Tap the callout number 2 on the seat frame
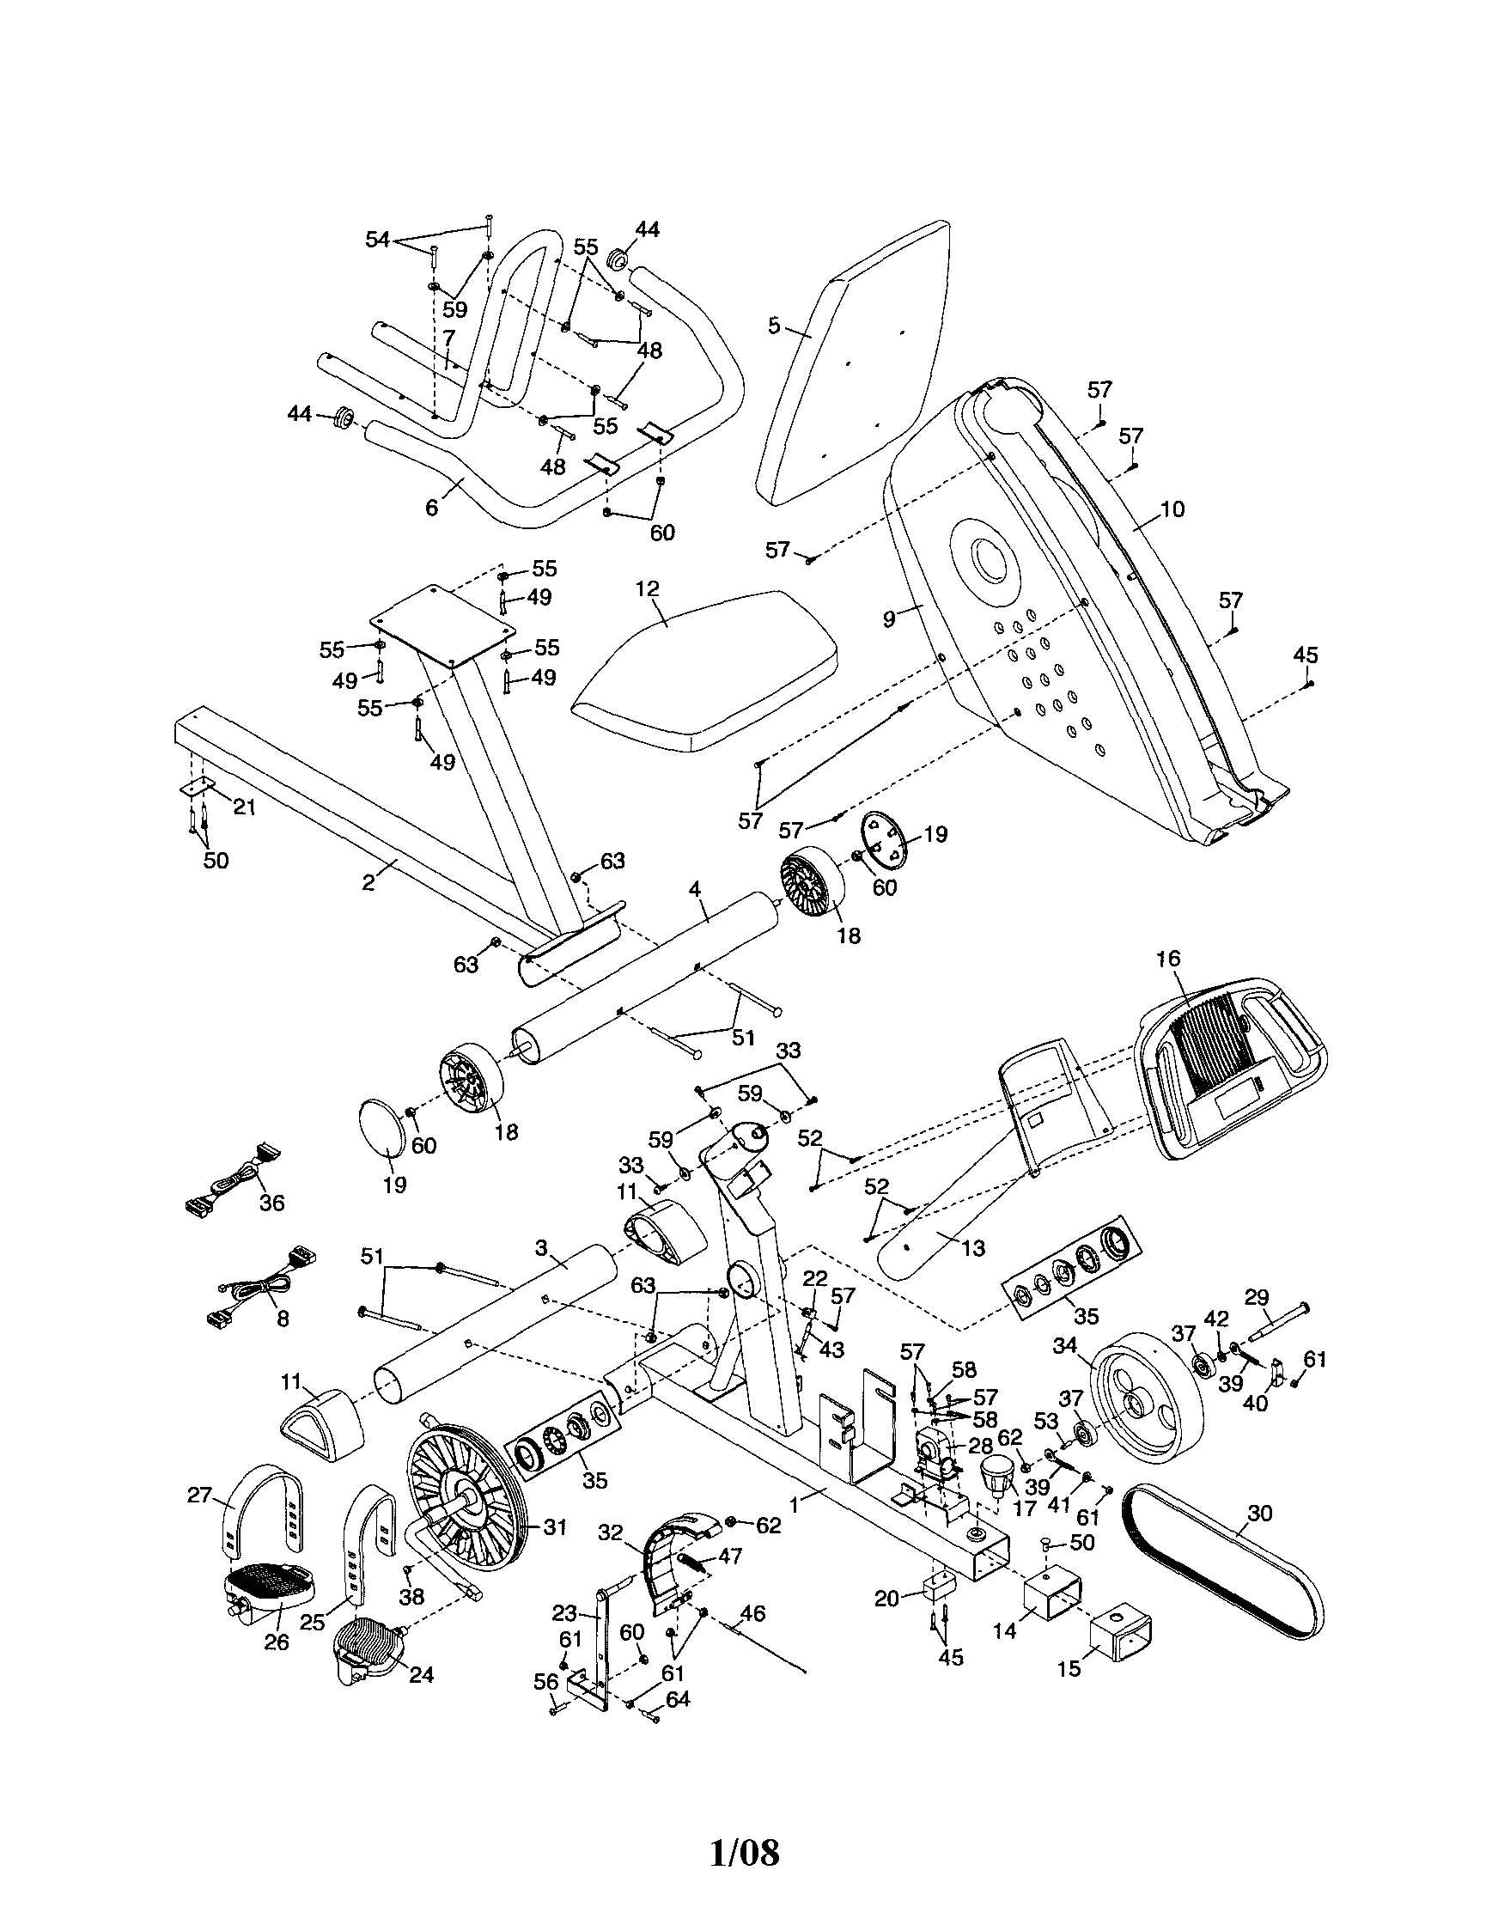click(368, 883)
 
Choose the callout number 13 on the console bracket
click(974, 1247)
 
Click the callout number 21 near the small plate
click(244, 807)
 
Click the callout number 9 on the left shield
click(890, 618)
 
